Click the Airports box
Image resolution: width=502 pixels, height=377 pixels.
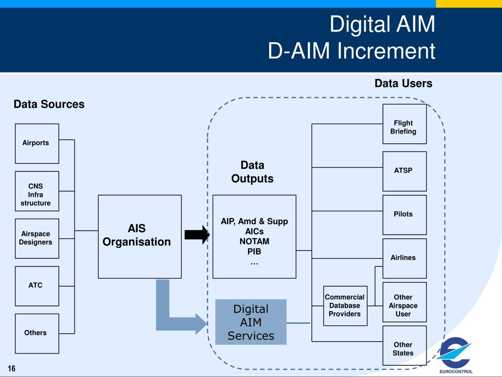click(37, 144)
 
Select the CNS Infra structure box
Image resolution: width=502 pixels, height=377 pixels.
click(37, 191)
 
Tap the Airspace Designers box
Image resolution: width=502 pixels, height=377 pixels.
click(37, 239)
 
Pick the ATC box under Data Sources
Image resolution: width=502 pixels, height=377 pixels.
click(37, 286)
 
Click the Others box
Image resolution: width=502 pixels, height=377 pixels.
click(37, 333)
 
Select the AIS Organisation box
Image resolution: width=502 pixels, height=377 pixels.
click(140, 237)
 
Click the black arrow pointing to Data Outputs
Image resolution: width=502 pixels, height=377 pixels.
click(197, 235)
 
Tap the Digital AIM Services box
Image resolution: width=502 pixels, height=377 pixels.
click(251, 322)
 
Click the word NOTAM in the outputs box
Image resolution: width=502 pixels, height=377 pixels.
click(254, 242)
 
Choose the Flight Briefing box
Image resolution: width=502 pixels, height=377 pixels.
click(404, 124)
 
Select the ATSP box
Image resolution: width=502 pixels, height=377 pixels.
click(404, 171)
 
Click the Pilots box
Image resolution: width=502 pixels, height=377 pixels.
click(404, 215)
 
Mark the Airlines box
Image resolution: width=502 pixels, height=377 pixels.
click(404, 258)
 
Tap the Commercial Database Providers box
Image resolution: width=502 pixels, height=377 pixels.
click(346, 306)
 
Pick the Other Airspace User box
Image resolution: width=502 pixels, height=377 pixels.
click(404, 302)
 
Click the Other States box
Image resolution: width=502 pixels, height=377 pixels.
click(404, 346)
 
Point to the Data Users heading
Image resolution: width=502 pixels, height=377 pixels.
click(403, 83)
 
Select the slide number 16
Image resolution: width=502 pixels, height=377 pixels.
click(12, 368)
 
